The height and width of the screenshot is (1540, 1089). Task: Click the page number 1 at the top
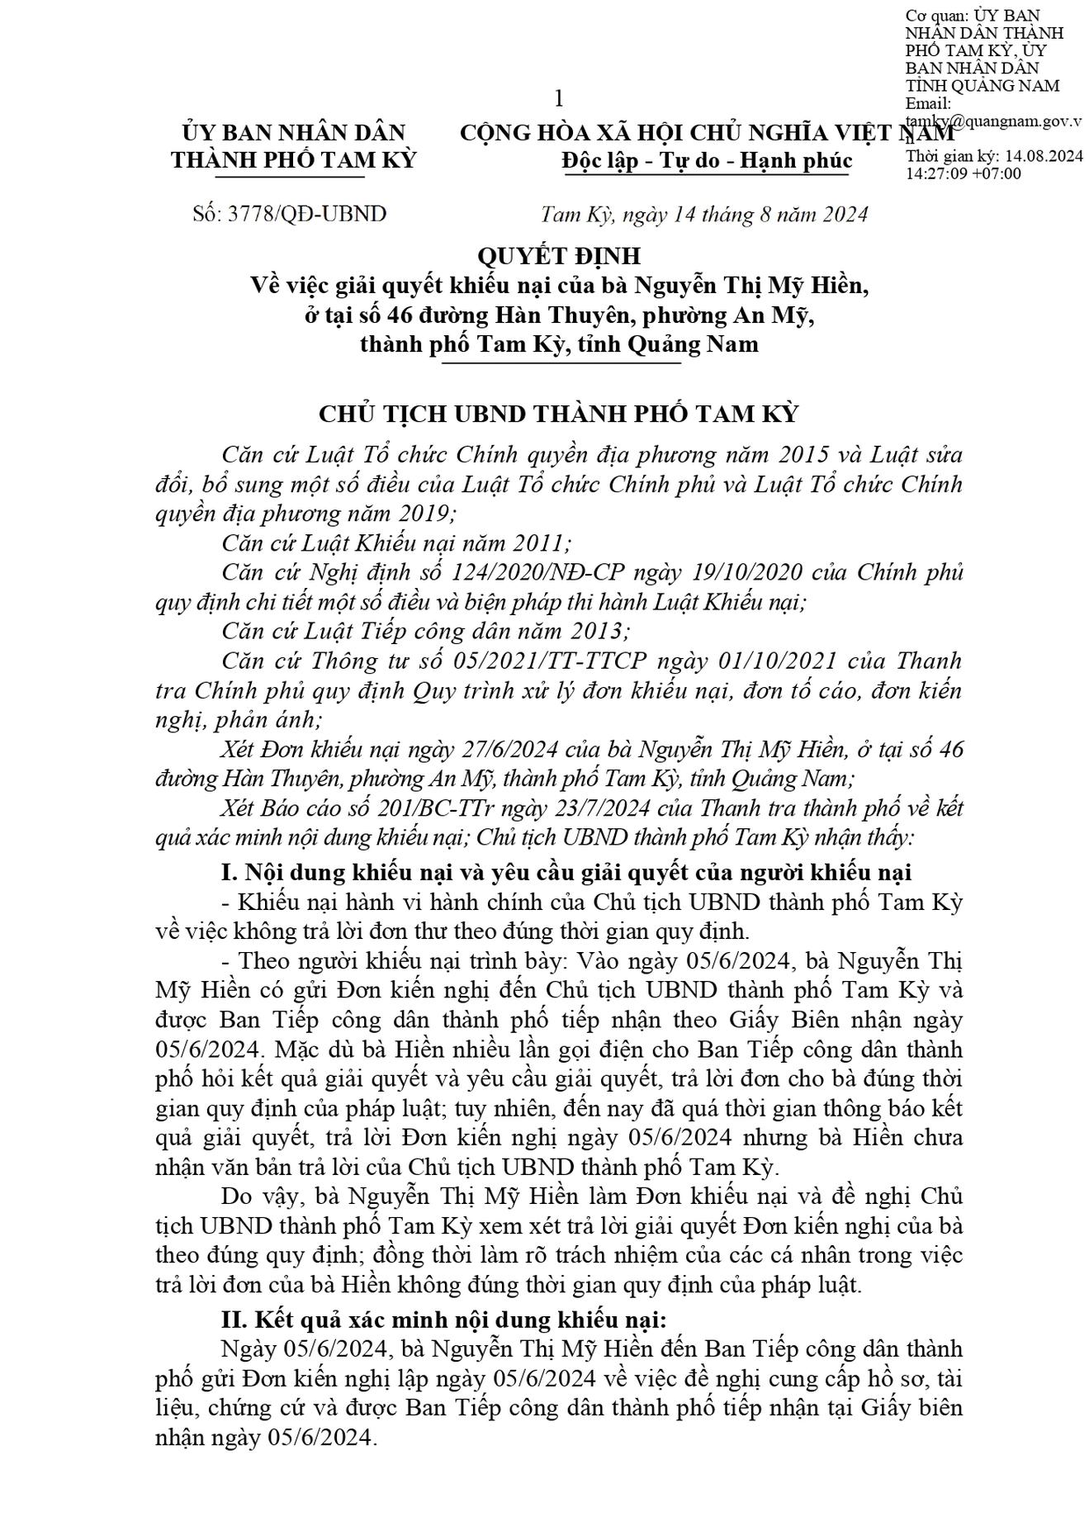pos(559,99)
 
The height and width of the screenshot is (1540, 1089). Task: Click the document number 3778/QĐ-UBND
pos(289,214)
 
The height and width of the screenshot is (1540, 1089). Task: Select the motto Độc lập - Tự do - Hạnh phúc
pos(706,160)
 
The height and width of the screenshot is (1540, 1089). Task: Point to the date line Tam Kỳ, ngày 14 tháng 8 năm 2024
pos(704,215)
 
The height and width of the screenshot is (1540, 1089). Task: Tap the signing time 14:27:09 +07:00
pos(964,173)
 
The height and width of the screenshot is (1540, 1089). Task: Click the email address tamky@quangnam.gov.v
pos(993,121)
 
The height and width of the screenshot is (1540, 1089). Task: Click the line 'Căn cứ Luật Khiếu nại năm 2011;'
pos(396,543)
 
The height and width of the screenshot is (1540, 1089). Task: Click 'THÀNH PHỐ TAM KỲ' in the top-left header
pos(294,160)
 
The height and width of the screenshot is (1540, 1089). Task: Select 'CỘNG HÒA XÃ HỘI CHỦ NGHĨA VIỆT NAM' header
pos(707,133)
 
